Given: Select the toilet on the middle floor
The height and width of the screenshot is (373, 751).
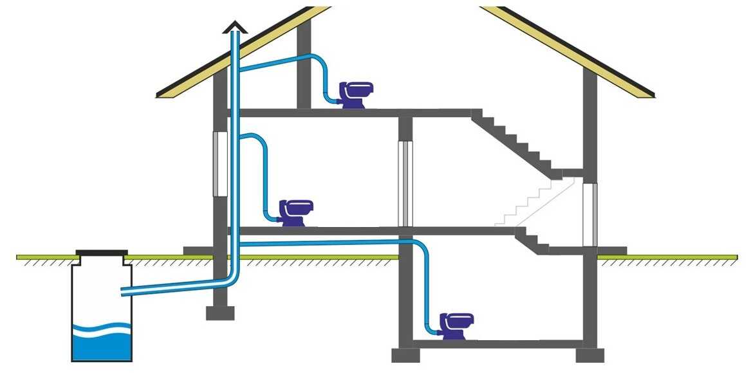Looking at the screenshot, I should coord(295,212).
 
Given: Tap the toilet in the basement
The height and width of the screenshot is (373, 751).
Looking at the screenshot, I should coord(456,326).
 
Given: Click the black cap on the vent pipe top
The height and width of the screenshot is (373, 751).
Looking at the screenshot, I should coord(235,26).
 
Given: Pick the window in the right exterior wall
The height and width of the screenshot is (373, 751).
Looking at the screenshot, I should coord(589,215).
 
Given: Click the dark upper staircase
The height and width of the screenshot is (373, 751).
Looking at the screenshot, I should coord(515,141).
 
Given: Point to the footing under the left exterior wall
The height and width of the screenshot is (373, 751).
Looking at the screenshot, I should coord(220,313).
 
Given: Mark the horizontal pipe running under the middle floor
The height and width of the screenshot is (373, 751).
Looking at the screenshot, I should coord(322,242).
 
